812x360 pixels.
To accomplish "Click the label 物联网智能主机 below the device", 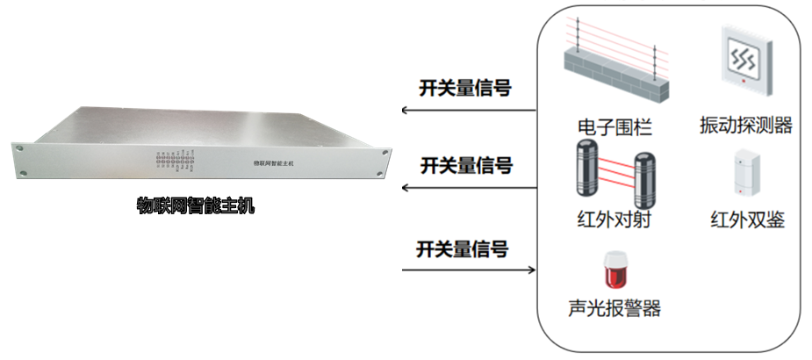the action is tap(195, 206).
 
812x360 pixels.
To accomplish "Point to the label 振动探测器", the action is tap(746, 126).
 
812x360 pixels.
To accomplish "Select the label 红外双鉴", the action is tap(747, 219).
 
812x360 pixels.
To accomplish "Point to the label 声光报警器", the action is tap(614, 309).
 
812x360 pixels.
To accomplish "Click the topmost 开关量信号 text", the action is tap(465, 88).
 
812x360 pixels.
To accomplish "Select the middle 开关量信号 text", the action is tap(465, 165).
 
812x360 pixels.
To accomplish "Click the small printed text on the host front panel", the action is tap(272, 163).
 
